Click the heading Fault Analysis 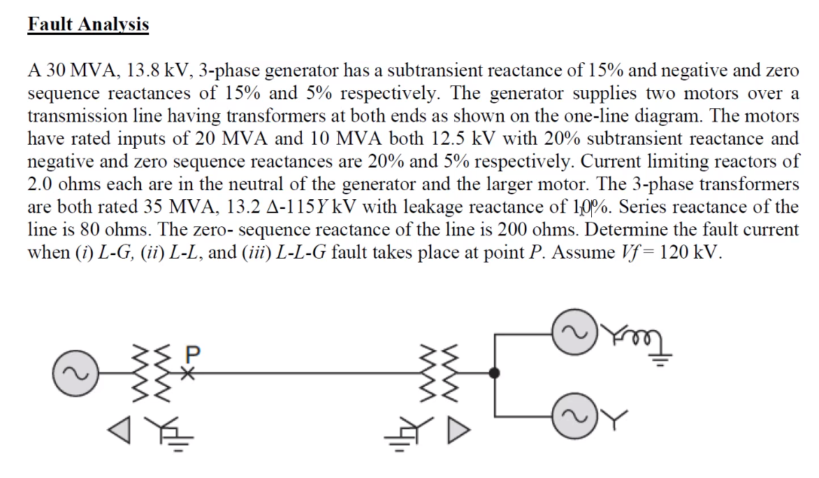click(88, 24)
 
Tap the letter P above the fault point click(193, 355)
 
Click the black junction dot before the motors click(495, 374)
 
